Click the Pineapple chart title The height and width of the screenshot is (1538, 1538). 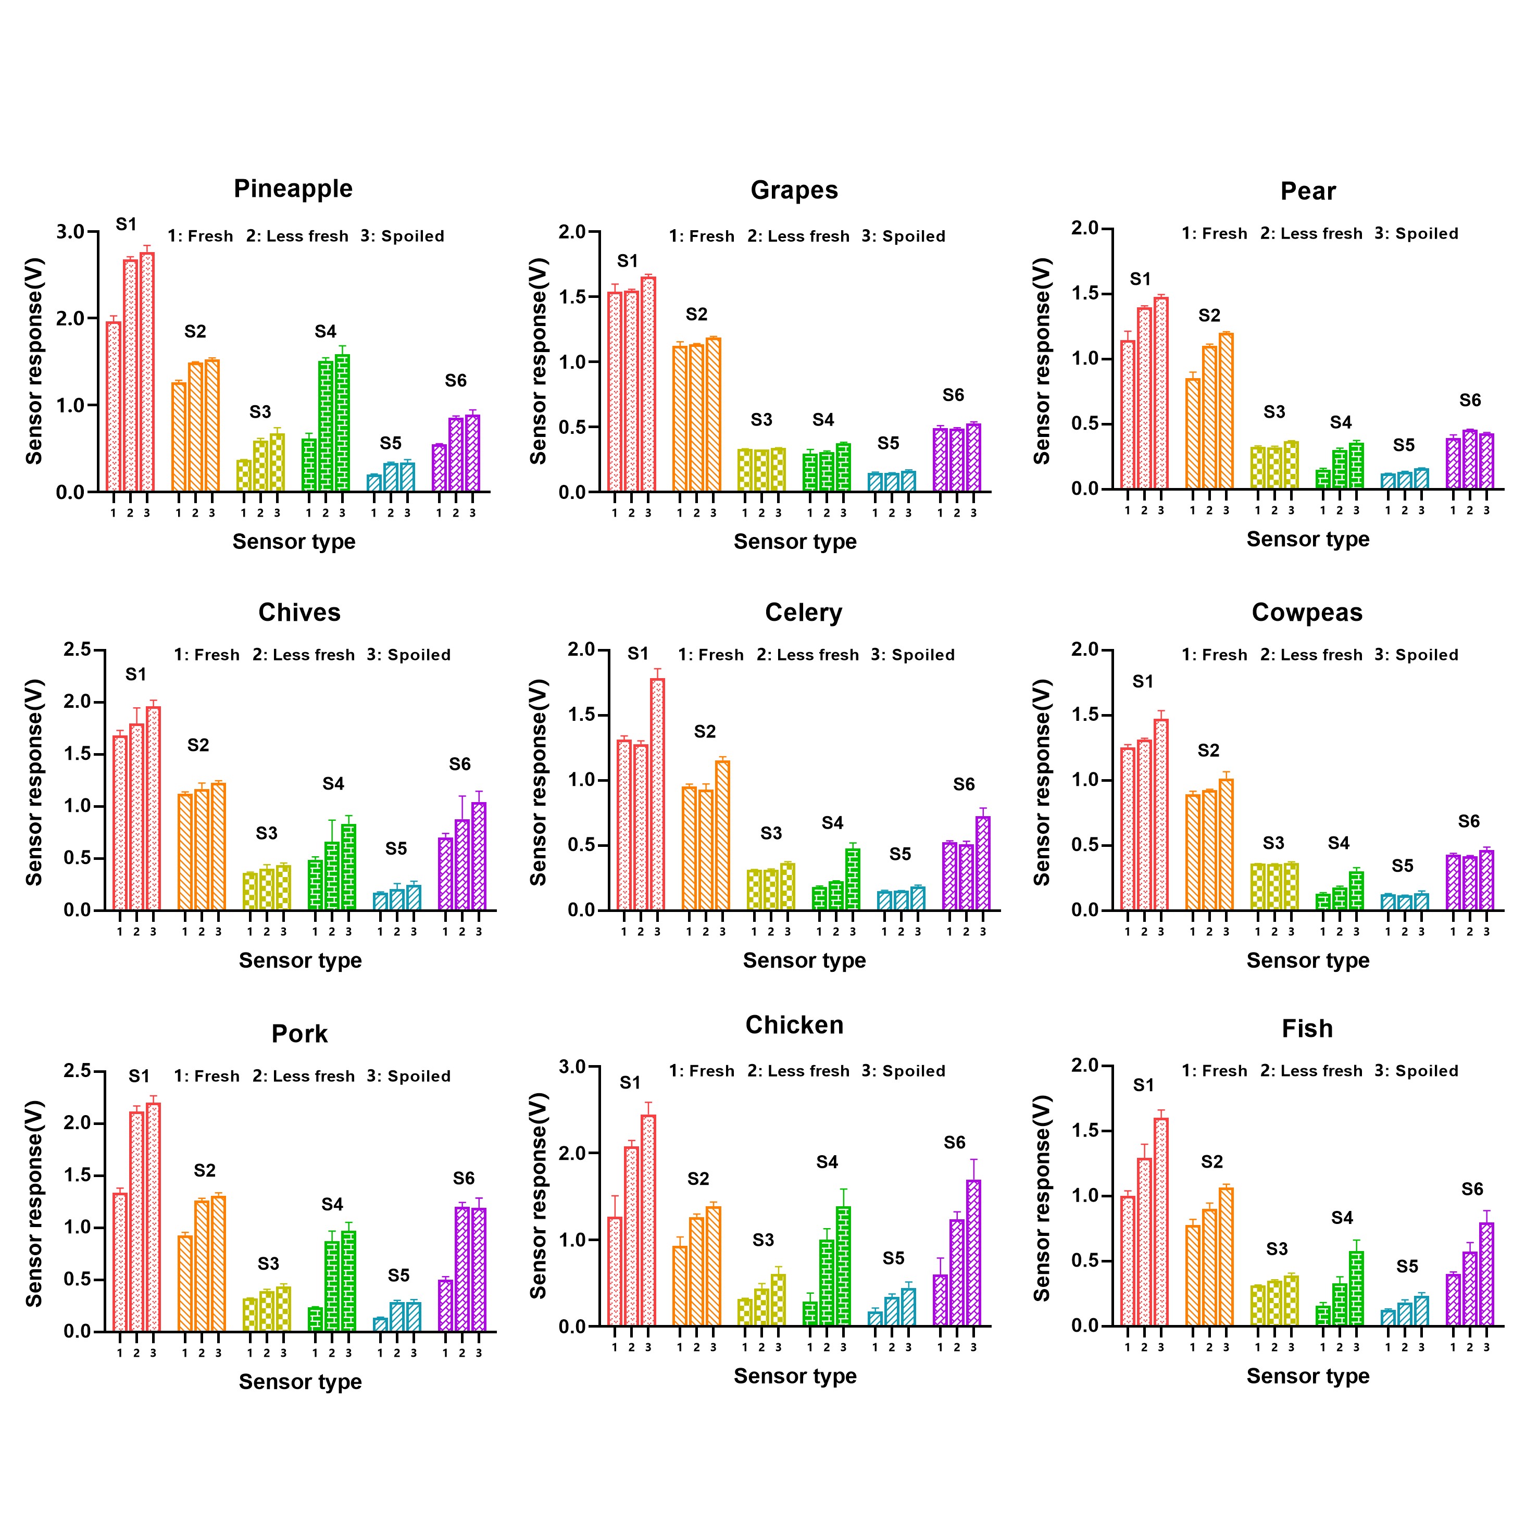[293, 189]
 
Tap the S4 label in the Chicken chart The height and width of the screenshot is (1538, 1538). [827, 1162]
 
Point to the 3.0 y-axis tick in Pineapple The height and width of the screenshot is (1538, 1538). [70, 232]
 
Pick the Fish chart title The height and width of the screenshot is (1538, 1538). [1307, 1029]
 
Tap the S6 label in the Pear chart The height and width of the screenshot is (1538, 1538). [1470, 401]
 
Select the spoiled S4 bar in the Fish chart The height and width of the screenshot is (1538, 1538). [1356, 1289]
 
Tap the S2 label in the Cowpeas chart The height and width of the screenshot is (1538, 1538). [1208, 751]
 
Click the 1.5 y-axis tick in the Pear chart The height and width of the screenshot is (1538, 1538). [1085, 294]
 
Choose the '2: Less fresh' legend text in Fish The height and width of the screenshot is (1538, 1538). [1311, 1071]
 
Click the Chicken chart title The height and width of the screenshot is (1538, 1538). [794, 1026]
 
